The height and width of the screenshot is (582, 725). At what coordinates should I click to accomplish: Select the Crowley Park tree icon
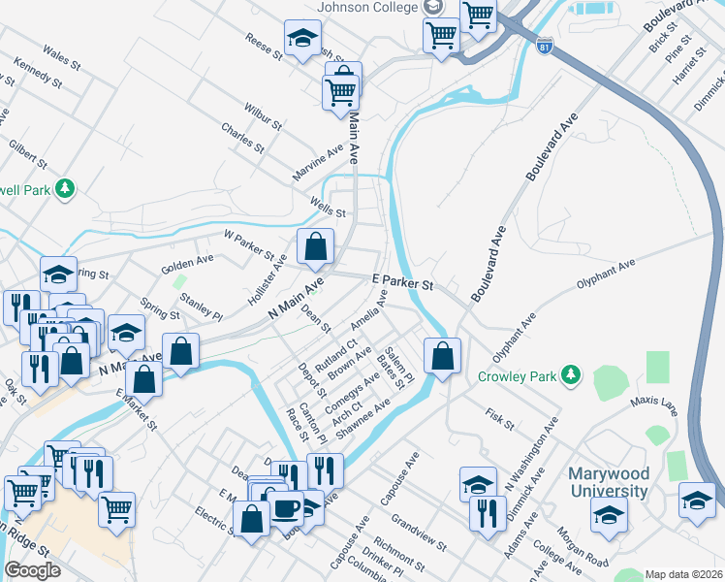[x=572, y=374]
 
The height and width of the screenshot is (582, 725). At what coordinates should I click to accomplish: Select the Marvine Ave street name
[x=319, y=165]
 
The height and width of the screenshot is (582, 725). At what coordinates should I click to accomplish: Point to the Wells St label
[x=329, y=207]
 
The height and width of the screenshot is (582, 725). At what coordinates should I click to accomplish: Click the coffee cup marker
[x=286, y=509]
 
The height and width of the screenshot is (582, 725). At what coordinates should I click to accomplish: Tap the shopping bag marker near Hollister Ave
[x=316, y=247]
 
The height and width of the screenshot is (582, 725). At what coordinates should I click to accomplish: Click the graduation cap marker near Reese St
[x=302, y=40]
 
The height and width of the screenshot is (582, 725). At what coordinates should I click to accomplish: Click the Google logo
[x=32, y=570]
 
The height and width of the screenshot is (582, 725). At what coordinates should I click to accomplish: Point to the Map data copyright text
[x=683, y=574]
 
